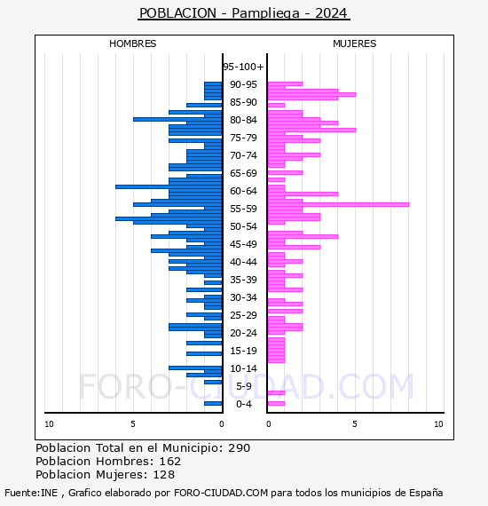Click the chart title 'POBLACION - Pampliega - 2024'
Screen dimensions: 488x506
[x=243, y=13]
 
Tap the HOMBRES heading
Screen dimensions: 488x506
[x=132, y=43]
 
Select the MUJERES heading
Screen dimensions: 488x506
[x=355, y=43]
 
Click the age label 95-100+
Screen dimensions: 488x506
[x=243, y=67]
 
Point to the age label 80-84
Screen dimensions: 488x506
[x=243, y=120]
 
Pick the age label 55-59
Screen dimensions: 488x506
[x=243, y=209]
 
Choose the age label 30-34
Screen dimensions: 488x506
[x=243, y=297]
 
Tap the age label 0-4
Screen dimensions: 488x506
[x=243, y=404]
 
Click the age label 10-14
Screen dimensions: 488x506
[x=243, y=368]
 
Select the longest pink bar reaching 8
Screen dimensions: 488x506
[x=338, y=204]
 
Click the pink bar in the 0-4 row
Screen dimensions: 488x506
[x=276, y=403]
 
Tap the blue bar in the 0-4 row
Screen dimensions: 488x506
[x=213, y=403]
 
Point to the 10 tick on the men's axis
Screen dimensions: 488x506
[x=49, y=424]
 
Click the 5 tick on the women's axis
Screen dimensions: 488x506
[x=355, y=424]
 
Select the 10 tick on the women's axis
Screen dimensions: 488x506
[x=438, y=424]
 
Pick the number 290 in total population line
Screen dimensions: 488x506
[x=239, y=448]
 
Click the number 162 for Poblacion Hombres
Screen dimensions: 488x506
[x=170, y=461]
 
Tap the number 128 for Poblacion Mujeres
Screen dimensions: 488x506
[x=164, y=474]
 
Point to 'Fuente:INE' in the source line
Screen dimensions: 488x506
[x=31, y=493]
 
